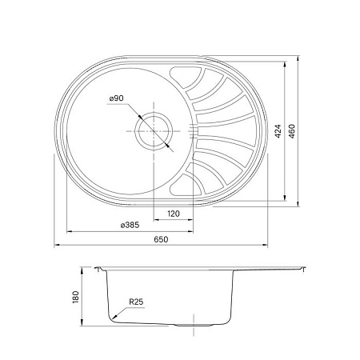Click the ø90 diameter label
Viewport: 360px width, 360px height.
tap(116, 98)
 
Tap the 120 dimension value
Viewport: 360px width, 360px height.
tap(173, 214)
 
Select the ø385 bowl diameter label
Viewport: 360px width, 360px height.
tap(130, 226)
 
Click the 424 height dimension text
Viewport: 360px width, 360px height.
tap(278, 132)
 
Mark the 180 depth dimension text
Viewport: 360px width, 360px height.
tap(76, 297)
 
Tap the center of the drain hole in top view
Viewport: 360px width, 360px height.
tap(152, 130)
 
